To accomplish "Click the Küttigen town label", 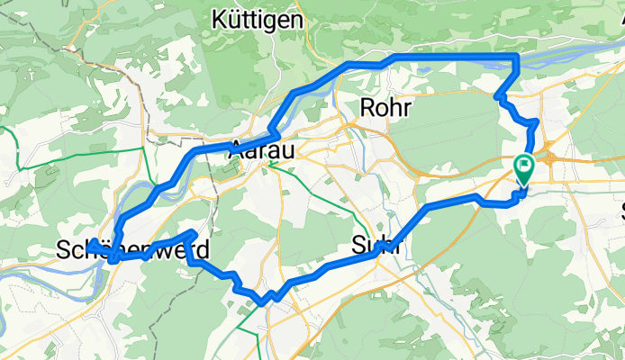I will (x=257, y=18).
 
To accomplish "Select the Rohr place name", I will (x=385, y=108).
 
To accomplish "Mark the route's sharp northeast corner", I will (x=516, y=58).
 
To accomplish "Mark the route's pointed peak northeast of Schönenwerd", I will (x=195, y=233).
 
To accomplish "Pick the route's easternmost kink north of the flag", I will (x=537, y=121).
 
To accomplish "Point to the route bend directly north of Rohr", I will (x=394, y=58).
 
